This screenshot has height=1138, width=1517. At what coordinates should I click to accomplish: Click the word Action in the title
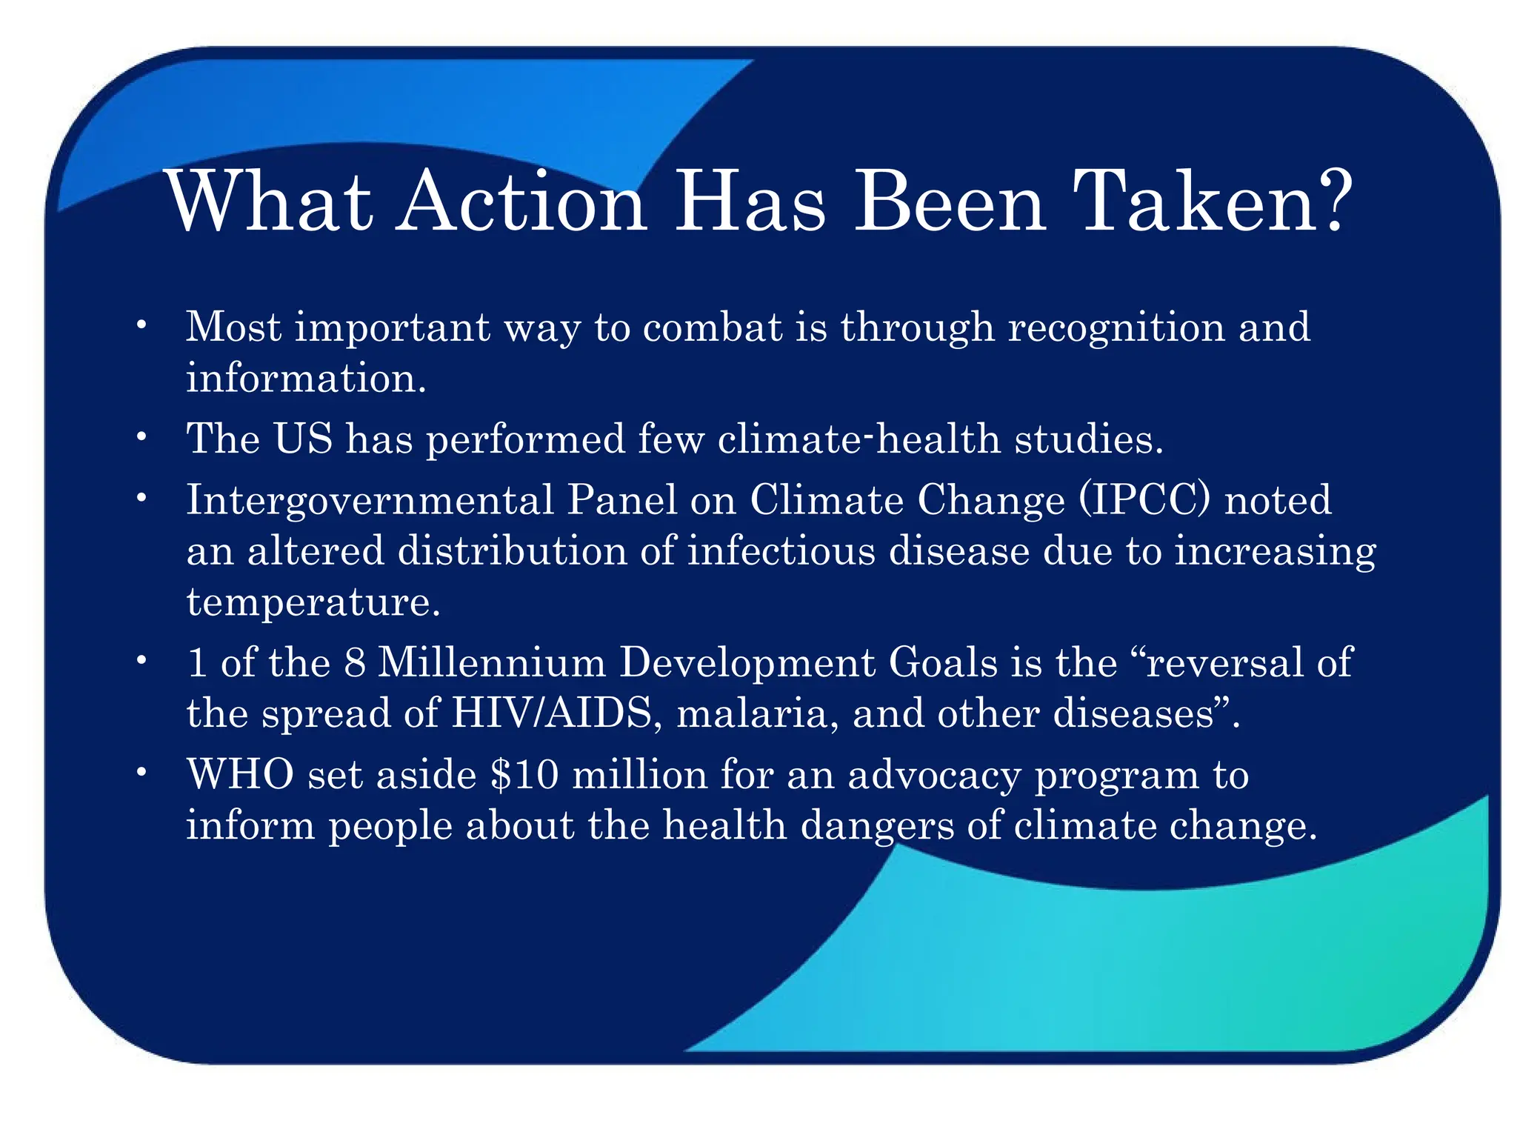click(521, 202)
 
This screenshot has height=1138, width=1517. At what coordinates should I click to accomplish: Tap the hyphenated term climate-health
click(859, 439)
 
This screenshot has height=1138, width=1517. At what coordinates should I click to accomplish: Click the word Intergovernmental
click(370, 501)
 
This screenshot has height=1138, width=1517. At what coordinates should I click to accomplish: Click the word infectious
click(781, 551)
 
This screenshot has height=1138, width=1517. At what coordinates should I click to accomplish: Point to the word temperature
click(312, 602)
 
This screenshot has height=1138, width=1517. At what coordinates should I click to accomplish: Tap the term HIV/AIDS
click(553, 713)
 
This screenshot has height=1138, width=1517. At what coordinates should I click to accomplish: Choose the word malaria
click(757, 713)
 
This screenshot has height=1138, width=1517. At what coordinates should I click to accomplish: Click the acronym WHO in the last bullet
click(240, 775)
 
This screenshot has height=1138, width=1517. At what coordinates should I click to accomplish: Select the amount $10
click(524, 775)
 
